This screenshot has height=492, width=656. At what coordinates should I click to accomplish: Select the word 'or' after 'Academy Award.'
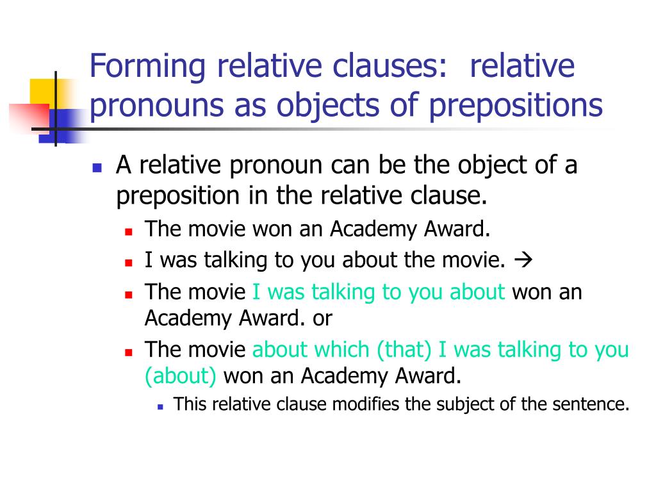[322, 317]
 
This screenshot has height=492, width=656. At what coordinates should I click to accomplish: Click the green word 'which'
[341, 350]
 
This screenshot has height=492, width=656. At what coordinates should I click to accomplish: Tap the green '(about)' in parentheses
[181, 375]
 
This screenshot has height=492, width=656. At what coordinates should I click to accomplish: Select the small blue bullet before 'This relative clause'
[160, 406]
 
